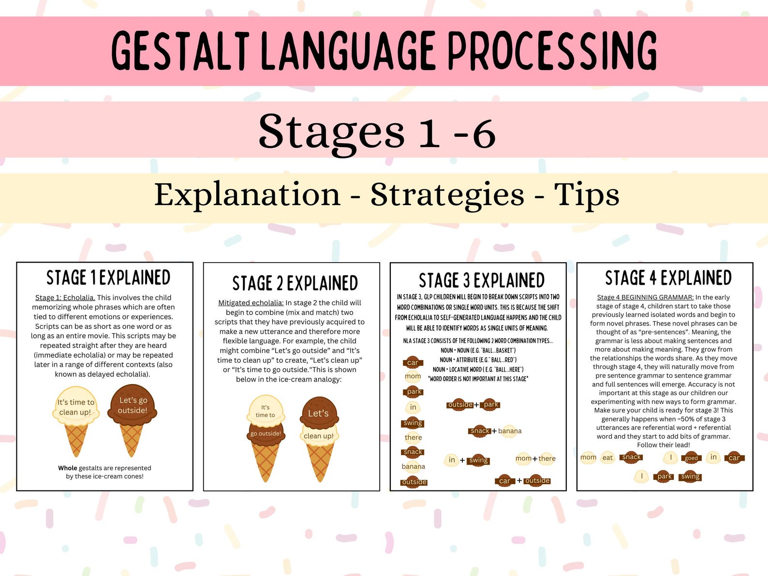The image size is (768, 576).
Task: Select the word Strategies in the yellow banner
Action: coord(447,195)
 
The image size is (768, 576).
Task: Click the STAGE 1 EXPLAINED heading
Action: coord(108,278)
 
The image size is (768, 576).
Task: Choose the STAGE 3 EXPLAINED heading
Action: coord(481,281)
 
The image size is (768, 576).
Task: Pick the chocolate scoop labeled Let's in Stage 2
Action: coord(318,413)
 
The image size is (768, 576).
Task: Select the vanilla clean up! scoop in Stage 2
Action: coord(319,435)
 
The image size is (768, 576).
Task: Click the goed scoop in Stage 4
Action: coord(691,458)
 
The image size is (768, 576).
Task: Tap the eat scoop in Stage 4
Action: coord(607,458)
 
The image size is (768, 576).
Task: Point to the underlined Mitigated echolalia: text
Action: coord(251,303)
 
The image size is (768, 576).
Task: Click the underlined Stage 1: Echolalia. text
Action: coord(65,297)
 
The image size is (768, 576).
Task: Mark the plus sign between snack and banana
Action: coord(494,431)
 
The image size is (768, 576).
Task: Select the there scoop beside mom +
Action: coord(547,458)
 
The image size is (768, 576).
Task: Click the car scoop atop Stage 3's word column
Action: coord(413,362)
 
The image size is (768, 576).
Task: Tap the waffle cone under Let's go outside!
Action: coord(132,440)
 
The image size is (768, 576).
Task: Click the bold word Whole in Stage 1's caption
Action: coord(68,468)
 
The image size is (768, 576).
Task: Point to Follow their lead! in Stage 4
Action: coord(664,445)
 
